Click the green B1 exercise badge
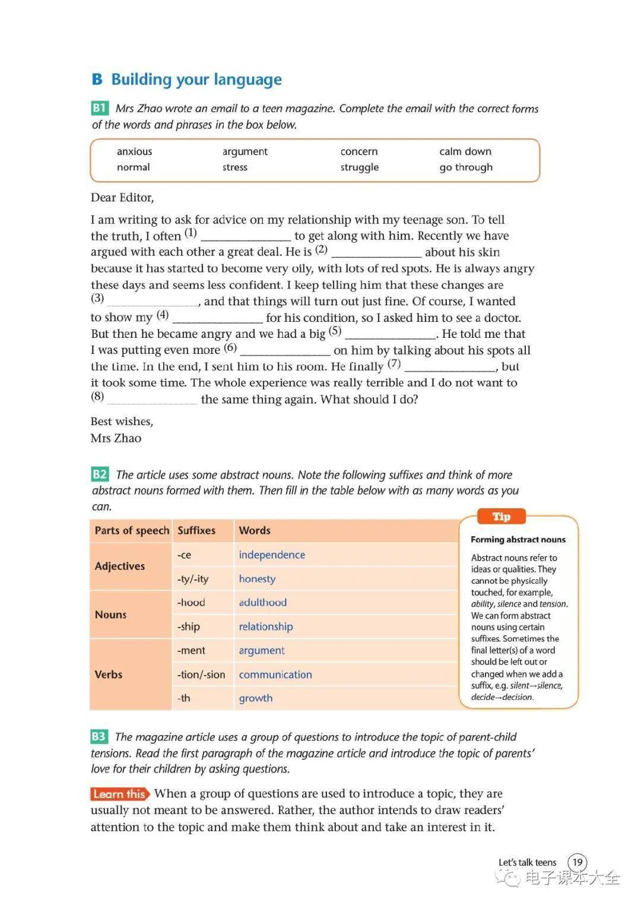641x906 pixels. [99, 108]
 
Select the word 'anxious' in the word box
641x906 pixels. [134, 151]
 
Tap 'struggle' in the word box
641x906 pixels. [359, 167]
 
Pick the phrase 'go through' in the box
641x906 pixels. [466, 167]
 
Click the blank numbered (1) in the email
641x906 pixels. [246, 236]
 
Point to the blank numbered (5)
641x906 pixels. [391, 334]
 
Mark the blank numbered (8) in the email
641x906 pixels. [152, 400]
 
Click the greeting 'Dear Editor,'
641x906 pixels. [122, 198]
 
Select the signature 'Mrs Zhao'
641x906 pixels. [116, 438]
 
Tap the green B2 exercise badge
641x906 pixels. [100, 474]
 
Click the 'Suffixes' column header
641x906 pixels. [196, 531]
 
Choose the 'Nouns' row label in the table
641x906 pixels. [111, 614]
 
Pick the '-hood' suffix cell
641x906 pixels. [191, 603]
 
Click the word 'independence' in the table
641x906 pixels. [272, 555]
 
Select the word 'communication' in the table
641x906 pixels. [275, 675]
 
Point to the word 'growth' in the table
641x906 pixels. [256, 699]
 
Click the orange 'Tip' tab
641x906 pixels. [502, 517]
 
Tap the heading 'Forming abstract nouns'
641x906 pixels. [518, 540]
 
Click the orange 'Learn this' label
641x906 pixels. [119, 794]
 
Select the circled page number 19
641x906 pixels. [577, 862]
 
